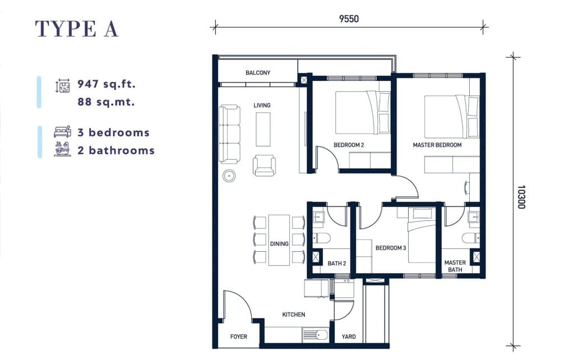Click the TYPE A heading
[76, 29]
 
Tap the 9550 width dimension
[349, 19]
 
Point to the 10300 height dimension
[521, 197]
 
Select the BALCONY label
[258, 73]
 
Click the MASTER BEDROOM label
[437, 145]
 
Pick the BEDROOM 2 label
[349, 145]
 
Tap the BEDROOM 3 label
[391, 248]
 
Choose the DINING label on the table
[279, 243]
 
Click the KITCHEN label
[294, 315]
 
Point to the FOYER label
[238, 336]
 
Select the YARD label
[349, 336]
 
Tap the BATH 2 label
[336, 264]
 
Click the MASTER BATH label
[455, 266]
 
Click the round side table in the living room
[229, 176]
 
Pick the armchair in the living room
[264, 165]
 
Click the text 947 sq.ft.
[107, 84]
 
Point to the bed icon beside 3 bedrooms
[63, 131]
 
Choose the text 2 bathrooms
[116, 150]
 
